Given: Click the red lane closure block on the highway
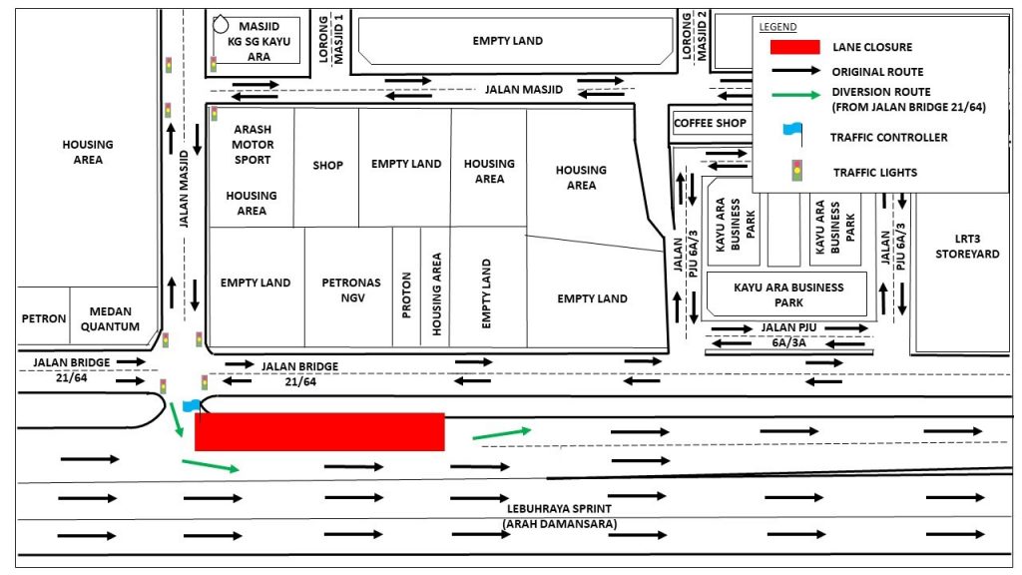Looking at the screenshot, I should (319, 431).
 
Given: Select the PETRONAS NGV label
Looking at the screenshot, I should (350, 289).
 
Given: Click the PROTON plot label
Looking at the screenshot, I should (406, 296).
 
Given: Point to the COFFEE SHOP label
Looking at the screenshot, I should (710, 123).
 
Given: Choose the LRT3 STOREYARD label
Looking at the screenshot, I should (966, 247).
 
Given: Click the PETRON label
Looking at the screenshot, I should (44, 319).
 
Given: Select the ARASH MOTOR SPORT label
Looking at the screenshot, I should (253, 145).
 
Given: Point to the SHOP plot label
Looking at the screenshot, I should (327, 166).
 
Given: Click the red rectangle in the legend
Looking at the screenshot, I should (794, 47).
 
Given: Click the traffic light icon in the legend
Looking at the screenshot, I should (795, 171).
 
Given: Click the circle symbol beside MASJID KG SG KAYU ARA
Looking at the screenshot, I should (220, 24).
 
